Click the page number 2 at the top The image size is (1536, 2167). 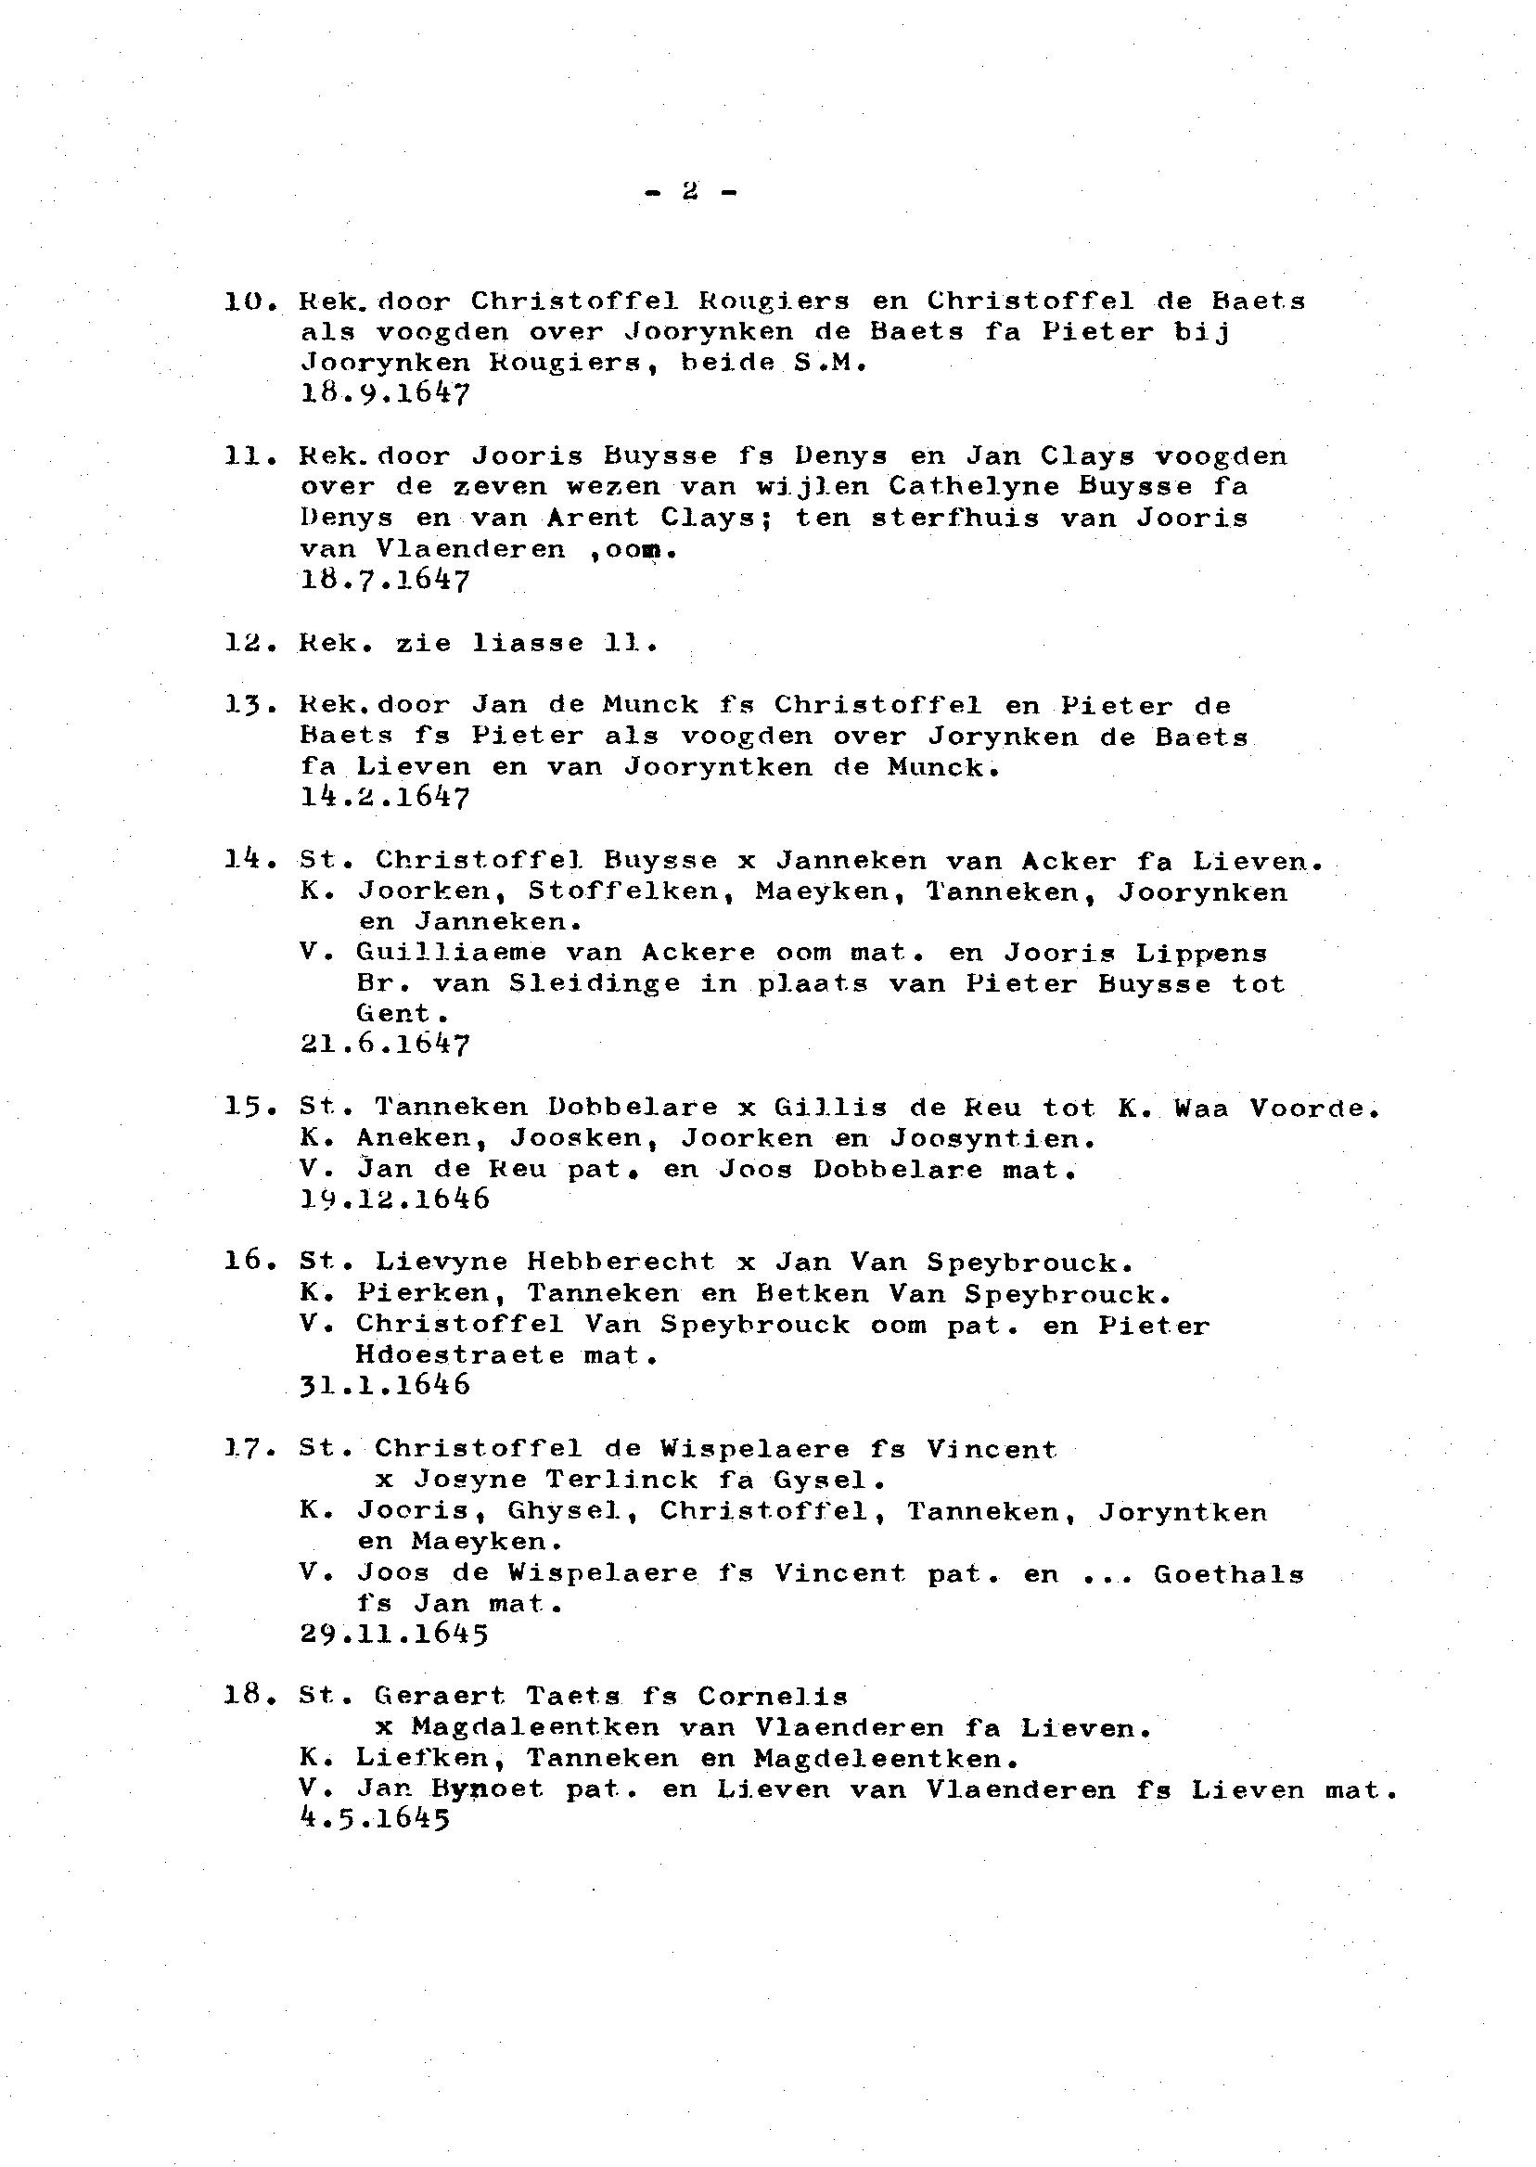click(690, 192)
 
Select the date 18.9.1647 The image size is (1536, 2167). click(384, 393)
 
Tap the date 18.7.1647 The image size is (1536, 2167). click(384, 580)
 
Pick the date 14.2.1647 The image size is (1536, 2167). click(384, 797)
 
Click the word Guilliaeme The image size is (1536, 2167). click(451, 953)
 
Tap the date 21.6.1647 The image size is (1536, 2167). click(384, 1045)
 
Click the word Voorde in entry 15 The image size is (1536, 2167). click(1312, 1108)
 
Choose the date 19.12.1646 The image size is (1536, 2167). click(394, 1199)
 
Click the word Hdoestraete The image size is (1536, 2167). click(460, 1355)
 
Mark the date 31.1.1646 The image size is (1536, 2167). click(384, 1386)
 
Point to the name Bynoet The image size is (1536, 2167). click(487, 1789)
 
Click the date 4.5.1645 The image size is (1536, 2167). click(375, 1820)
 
